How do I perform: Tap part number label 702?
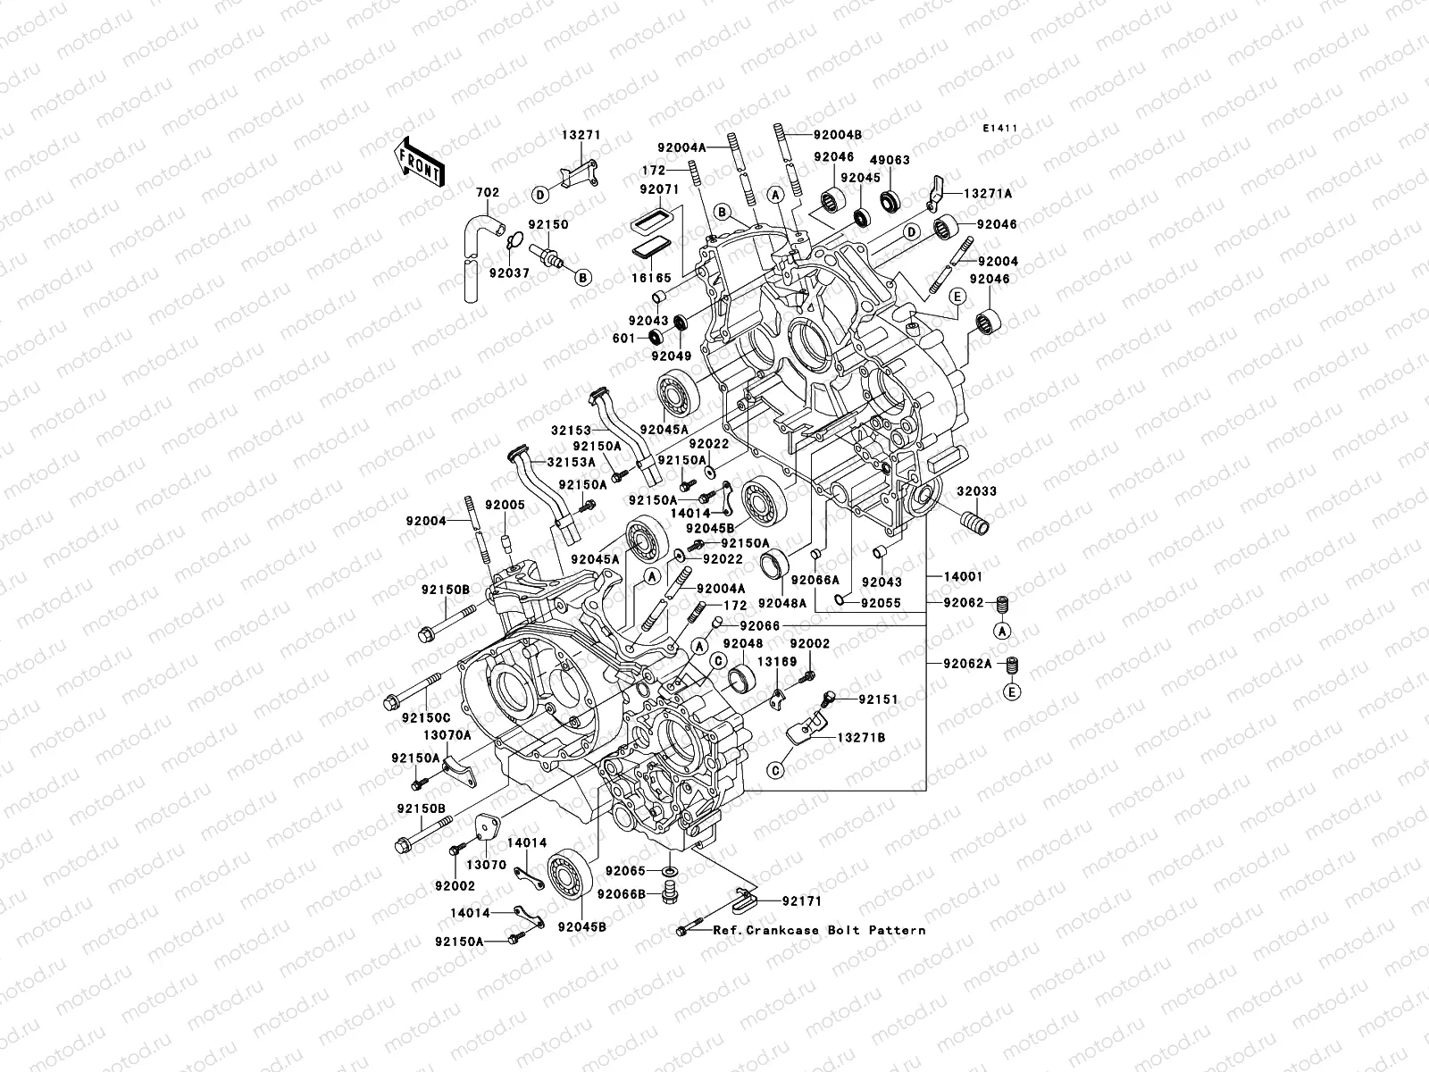[487, 192]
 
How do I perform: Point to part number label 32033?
[977, 491]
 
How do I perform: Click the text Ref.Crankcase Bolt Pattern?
[819, 930]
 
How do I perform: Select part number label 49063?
[891, 160]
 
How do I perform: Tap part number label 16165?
[652, 279]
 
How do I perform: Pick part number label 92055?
[879, 602]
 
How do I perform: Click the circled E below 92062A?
[1013, 692]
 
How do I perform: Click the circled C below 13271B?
[775, 769]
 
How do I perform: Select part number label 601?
[624, 339]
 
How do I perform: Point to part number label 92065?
[624, 869]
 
